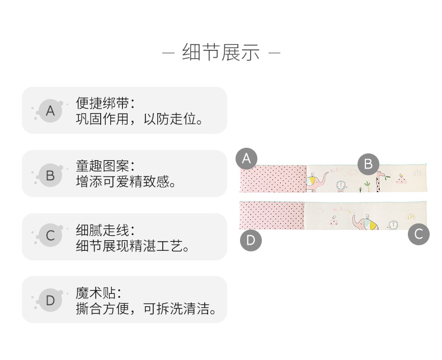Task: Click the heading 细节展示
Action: pyautogui.click(x=220, y=53)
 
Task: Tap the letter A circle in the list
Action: pyautogui.click(x=50, y=111)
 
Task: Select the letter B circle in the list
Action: pyautogui.click(x=50, y=175)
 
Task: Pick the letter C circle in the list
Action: pyautogui.click(x=50, y=236)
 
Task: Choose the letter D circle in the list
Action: pyautogui.click(x=50, y=301)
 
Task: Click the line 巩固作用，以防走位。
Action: pyautogui.click(x=139, y=119)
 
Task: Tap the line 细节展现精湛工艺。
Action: pyautogui.click(x=133, y=246)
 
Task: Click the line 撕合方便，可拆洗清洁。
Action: pyautogui.click(x=146, y=310)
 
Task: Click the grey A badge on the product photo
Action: pyautogui.click(x=246, y=158)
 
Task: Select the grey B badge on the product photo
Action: pyautogui.click(x=368, y=164)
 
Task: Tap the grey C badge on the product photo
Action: pyautogui.click(x=419, y=233)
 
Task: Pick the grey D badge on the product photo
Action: pyautogui.click(x=251, y=241)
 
